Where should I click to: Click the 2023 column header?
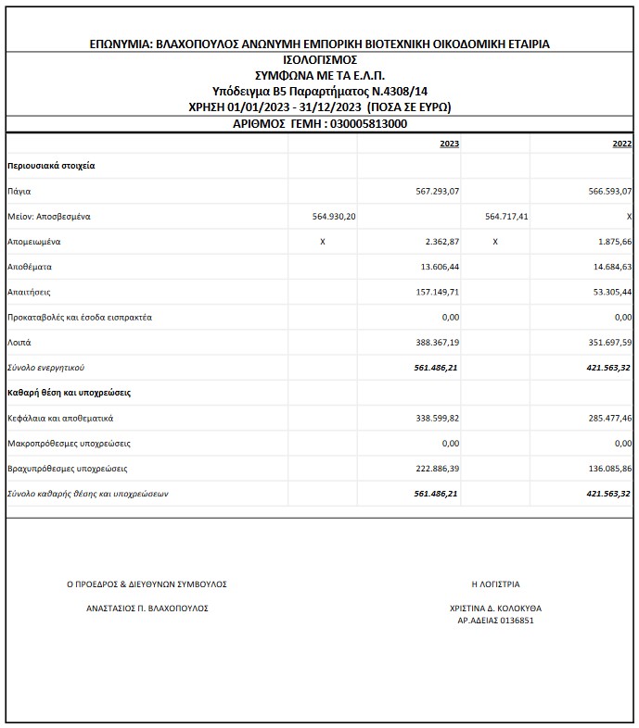point(449,144)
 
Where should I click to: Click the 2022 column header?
point(622,144)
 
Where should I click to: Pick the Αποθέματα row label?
point(29,266)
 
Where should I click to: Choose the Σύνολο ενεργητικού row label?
point(45,367)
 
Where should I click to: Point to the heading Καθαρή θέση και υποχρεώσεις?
point(69,393)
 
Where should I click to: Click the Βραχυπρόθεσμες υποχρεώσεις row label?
point(67,468)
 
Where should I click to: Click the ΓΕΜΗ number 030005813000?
point(367,123)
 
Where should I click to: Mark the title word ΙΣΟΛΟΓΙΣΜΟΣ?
point(319,59)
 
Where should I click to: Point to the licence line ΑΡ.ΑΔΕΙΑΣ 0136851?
point(495,621)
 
